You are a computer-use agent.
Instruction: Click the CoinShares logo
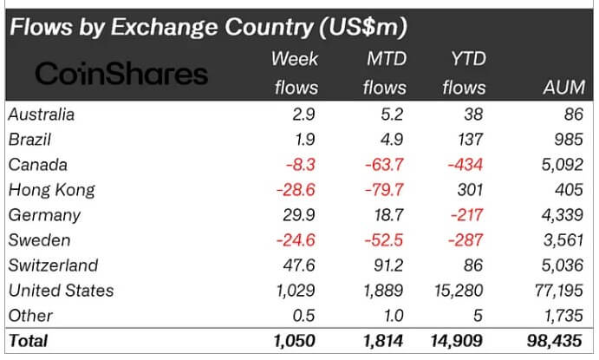coord(120,75)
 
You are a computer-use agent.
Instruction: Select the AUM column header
coord(563,88)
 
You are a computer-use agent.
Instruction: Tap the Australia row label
coord(41,114)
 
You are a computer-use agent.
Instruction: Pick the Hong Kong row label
coord(50,189)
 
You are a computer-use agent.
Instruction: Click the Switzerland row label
coord(52,265)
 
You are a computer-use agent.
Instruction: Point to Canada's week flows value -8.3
coord(300,164)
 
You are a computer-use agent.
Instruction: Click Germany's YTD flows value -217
coord(468,214)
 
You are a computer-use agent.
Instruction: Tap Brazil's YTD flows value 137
coord(473,139)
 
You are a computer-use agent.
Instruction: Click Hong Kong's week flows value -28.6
coord(295,189)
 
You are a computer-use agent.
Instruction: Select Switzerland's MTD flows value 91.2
coord(387,265)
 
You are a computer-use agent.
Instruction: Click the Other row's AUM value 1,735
coord(561,315)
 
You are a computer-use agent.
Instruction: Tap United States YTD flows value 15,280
coord(459,290)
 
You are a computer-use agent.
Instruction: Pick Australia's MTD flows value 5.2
coord(392,114)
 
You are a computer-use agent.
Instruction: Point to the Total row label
coord(28,341)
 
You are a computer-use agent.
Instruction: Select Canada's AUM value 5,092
coord(561,164)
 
